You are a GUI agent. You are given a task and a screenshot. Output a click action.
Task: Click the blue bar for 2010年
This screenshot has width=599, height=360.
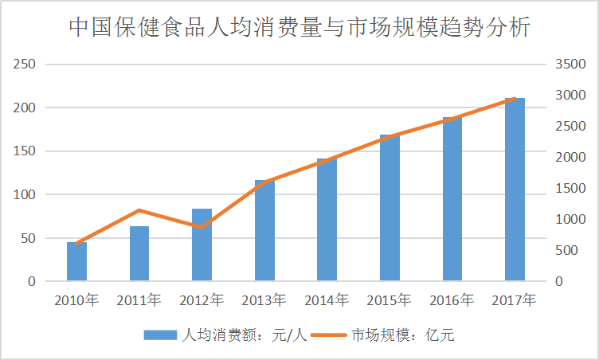point(76,262)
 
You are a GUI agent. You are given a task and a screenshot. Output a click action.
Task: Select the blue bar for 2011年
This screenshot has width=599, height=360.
point(139,254)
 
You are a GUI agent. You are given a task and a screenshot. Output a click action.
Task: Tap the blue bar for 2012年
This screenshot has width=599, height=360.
point(202,245)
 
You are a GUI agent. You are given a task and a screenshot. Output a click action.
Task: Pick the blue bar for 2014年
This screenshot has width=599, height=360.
point(327,220)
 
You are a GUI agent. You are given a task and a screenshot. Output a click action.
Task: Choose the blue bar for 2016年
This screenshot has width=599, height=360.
point(452,199)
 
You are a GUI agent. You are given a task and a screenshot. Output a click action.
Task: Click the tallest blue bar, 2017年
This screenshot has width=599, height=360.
point(515,190)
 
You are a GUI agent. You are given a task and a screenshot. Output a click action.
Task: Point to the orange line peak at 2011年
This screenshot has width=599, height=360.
point(139,210)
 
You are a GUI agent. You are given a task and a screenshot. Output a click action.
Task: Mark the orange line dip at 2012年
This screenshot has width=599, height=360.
point(202,228)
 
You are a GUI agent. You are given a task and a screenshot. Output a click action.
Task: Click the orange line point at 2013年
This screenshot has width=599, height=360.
point(264,182)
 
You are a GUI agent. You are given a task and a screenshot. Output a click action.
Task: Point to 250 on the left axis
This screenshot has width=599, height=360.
point(26,65)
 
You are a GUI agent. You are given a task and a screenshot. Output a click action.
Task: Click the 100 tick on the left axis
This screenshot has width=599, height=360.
point(26,194)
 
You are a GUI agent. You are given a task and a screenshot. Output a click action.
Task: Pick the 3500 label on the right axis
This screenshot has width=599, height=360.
point(570,65)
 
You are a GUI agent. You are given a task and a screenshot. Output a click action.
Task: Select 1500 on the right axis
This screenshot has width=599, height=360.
point(570,189)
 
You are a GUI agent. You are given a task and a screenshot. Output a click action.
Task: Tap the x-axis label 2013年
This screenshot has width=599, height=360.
point(264,301)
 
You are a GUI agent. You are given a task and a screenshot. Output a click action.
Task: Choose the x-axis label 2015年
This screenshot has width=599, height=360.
point(389,301)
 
